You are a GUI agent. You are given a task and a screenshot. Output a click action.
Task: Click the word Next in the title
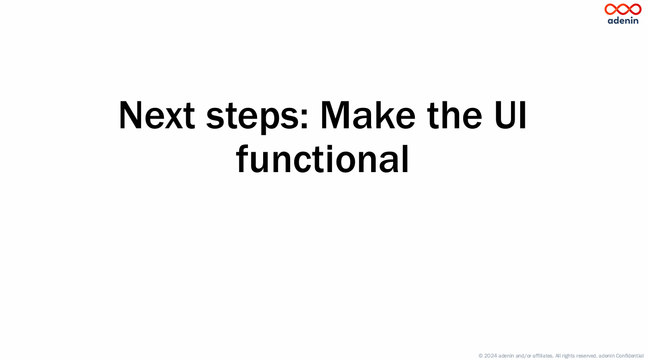(x=157, y=115)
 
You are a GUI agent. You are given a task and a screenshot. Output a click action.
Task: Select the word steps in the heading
(x=252, y=117)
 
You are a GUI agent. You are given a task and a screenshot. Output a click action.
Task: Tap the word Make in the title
(x=368, y=115)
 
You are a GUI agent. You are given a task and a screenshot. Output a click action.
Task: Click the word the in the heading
(x=455, y=115)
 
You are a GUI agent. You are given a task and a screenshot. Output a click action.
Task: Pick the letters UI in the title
(x=510, y=115)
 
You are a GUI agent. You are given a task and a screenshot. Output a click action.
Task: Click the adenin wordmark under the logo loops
(x=623, y=20)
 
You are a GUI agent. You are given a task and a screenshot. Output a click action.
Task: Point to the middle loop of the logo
(x=623, y=9)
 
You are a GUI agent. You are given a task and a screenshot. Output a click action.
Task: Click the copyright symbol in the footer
(x=481, y=356)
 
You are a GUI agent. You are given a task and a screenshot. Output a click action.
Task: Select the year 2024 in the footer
(x=490, y=356)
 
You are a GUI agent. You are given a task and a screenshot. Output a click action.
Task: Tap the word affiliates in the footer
(x=543, y=356)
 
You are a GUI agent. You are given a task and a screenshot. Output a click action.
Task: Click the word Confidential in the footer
(x=630, y=356)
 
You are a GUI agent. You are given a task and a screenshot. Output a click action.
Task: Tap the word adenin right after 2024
(x=506, y=356)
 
